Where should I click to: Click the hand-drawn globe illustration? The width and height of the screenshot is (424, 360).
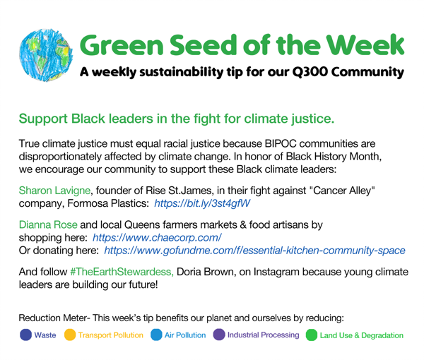point(46,55)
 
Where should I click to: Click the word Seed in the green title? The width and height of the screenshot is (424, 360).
point(204,45)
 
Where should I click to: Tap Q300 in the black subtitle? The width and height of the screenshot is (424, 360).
point(310,73)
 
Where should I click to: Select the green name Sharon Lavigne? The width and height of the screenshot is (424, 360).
point(54,191)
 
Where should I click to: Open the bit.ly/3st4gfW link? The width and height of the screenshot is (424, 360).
point(202,203)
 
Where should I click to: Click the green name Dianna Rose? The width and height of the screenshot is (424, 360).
point(48,224)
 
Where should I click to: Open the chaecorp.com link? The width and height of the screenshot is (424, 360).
point(157,238)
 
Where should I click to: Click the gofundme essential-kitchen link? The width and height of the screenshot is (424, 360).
point(254,251)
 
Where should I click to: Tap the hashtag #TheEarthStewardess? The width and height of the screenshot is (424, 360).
point(122,272)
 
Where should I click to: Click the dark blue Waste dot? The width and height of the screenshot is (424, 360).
point(25,335)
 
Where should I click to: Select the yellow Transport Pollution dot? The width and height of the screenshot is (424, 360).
point(70,335)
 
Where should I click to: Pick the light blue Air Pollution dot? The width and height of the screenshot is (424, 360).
point(156,335)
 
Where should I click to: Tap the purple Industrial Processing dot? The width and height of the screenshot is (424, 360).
point(219,335)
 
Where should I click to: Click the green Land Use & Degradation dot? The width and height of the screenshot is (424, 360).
point(312,335)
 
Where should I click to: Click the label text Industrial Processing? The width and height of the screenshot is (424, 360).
point(264,335)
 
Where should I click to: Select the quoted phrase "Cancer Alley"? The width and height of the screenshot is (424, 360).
point(343,191)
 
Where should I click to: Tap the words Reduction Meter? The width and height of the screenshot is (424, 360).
point(53,318)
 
